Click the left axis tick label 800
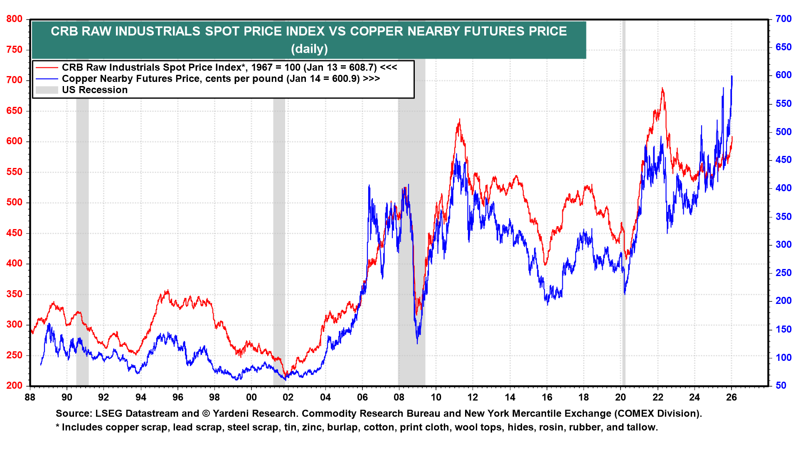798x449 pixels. (x=14, y=19)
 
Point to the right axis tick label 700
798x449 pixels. (x=783, y=19)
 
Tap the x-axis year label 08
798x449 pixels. (x=399, y=397)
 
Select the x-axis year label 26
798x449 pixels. (x=731, y=397)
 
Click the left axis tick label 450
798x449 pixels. (x=14, y=233)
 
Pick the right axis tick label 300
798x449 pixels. (x=783, y=245)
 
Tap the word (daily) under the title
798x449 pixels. (x=309, y=49)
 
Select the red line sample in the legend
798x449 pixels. (x=47, y=67)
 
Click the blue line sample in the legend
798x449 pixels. (x=47, y=79)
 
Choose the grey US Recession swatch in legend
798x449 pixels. (x=47, y=90)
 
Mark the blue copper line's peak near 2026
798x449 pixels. (x=731, y=76)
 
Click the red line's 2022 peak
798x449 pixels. (x=662, y=89)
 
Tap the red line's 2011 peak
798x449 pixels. (x=459, y=120)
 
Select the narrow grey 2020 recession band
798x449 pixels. (x=623, y=208)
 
